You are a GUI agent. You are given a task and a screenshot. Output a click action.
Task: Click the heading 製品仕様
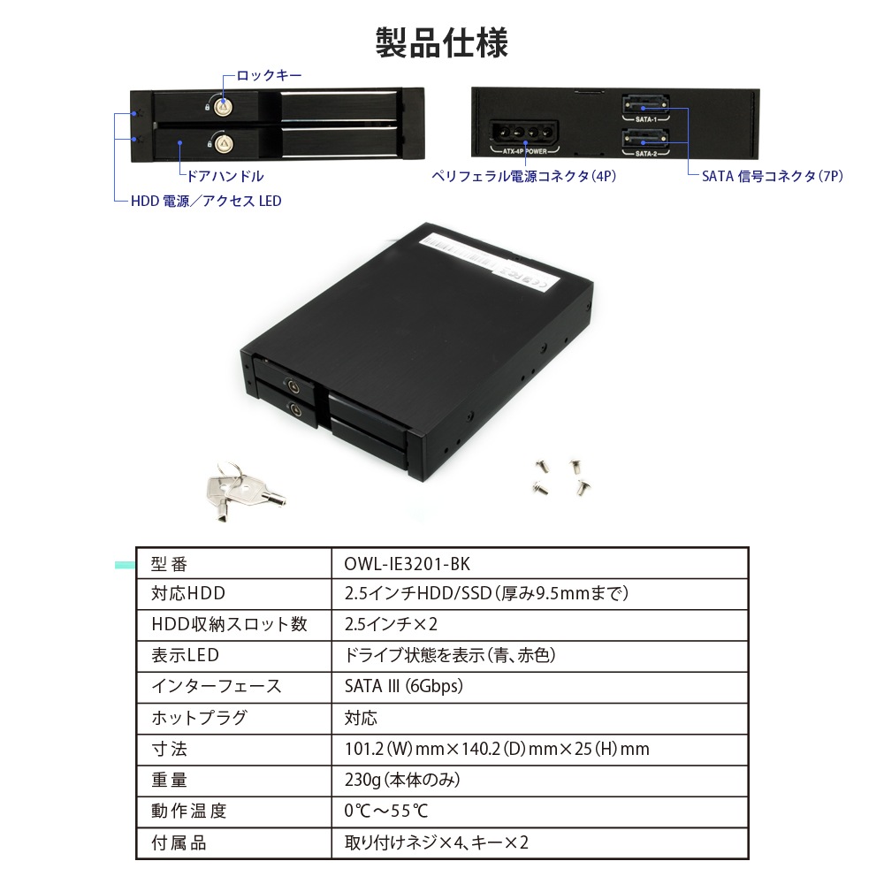441,42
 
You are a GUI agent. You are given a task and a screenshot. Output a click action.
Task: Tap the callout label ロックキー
269,75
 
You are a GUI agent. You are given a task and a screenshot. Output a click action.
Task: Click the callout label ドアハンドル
225,177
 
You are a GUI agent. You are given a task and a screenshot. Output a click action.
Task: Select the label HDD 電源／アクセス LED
206,202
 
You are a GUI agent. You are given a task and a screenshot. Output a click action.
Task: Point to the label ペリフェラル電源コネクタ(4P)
523,177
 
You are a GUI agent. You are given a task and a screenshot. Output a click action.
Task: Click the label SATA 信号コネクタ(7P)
773,177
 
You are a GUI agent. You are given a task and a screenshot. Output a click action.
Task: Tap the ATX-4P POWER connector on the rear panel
523,134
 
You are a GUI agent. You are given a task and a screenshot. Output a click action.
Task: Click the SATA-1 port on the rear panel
645,105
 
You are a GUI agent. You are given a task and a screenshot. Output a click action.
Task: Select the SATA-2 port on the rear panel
645,139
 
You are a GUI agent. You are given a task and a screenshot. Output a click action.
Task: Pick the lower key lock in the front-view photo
224,143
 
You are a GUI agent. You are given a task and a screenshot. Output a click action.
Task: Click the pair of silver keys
243,492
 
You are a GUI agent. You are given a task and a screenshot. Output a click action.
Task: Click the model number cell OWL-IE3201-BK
407,564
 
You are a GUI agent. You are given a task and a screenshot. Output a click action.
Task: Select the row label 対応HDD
187,594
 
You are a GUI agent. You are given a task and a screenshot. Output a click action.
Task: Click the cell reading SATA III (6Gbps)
404,686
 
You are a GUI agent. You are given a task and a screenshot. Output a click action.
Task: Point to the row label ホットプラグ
199,718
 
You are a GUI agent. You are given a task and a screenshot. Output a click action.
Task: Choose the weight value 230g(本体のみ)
402,780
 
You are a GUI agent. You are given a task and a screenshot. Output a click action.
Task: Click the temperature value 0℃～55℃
386,811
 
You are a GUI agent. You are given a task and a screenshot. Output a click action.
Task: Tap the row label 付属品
179,842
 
